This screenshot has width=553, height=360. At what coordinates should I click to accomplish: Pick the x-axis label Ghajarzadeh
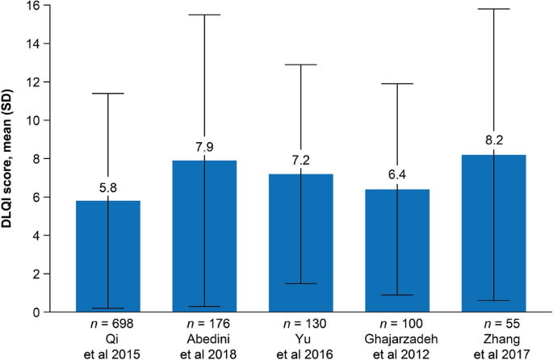396,339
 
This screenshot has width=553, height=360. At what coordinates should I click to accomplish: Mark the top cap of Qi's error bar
107,94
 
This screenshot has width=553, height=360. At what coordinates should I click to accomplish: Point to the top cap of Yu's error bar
300,65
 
